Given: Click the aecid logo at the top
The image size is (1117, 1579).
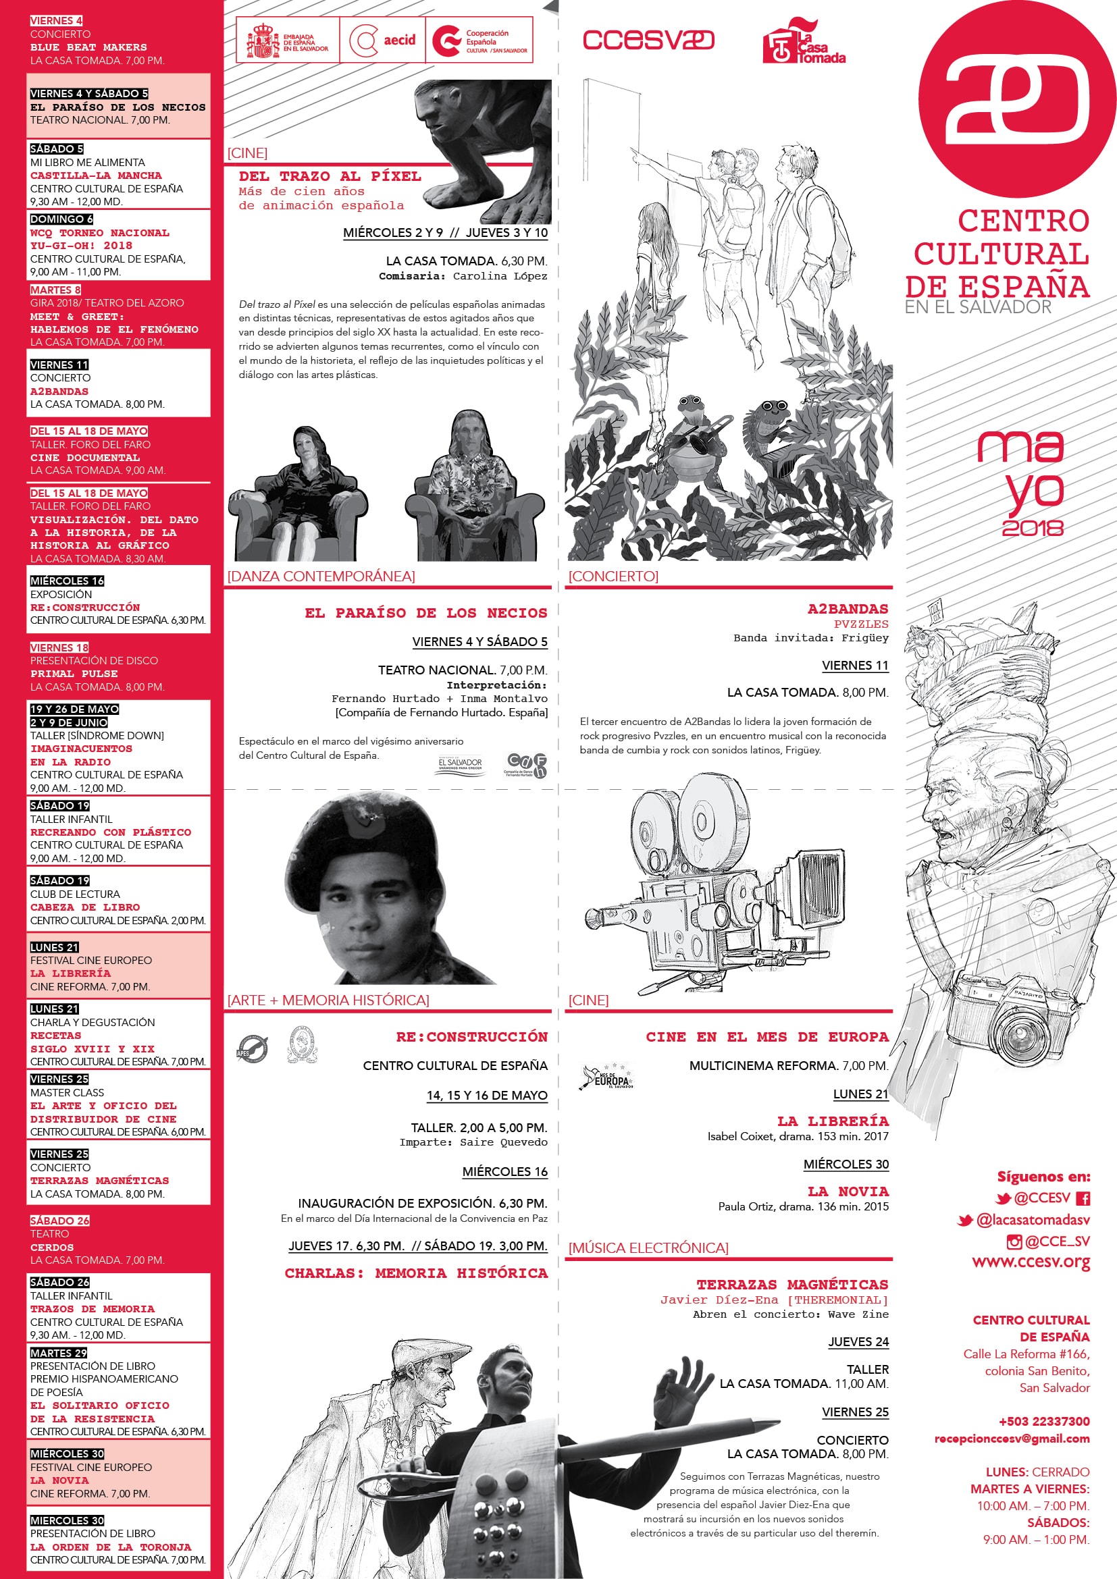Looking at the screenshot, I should (382, 41).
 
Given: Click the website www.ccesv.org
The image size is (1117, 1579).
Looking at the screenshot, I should (1031, 1262).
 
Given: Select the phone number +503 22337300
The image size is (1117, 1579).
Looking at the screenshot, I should (1043, 1421).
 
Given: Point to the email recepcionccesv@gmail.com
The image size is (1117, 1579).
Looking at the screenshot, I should (1011, 1438).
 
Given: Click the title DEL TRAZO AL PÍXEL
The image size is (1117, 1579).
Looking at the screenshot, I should (330, 177).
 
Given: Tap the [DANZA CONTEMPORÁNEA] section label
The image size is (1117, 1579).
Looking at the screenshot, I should (321, 577).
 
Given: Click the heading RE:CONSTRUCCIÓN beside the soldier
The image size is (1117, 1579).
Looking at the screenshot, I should (471, 1036).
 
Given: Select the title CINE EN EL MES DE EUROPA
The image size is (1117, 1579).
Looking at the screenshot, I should (767, 1036).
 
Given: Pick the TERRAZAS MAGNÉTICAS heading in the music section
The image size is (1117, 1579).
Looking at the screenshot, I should (791, 1284).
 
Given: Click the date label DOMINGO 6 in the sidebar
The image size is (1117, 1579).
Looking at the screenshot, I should (61, 219).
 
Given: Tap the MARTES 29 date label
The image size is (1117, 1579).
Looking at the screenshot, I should (59, 1353).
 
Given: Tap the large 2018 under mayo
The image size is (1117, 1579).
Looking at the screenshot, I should (1032, 528).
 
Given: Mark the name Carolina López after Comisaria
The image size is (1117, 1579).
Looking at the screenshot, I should (499, 277).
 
